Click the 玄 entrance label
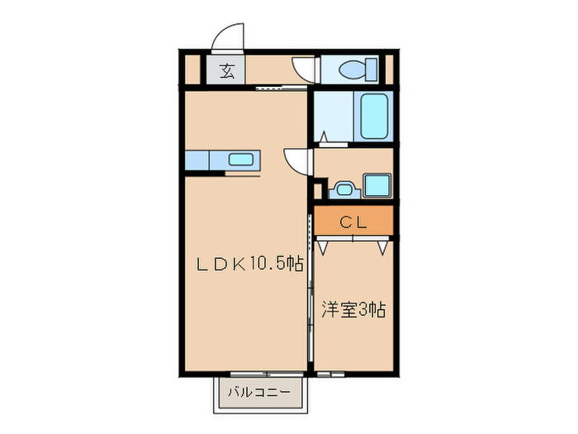pyautogui.click(x=227, y=71)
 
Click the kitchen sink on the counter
pyautogui.click(x=240, y=160)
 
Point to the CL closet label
pyautogui.click(x=353, y=222)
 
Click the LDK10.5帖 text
pyautogui.click(x=248, y=265)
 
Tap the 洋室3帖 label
pyautogui.click(x=353, y=311)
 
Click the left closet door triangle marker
pyautogui.click(x=324, y=246)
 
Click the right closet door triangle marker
pyautogui.click(x=382, y=246)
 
